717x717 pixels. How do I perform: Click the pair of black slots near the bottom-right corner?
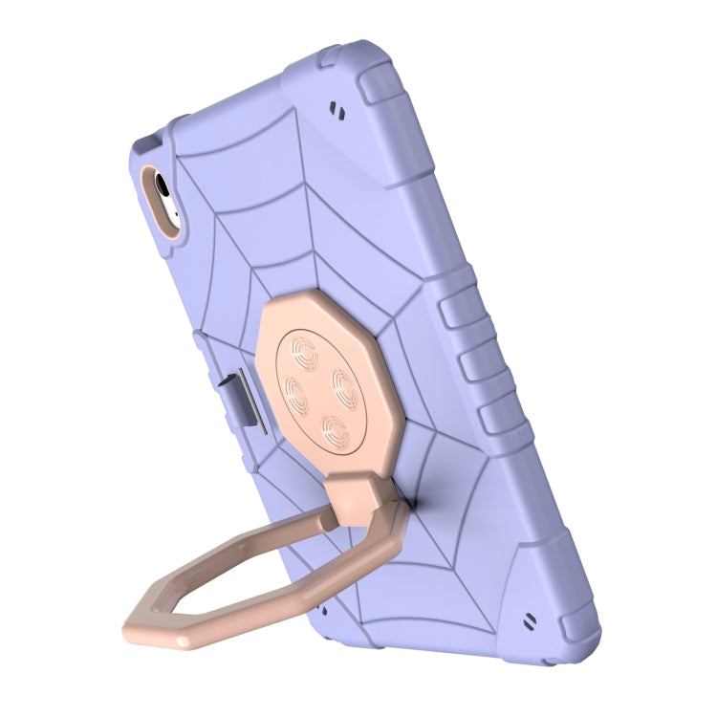click(529, 624)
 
